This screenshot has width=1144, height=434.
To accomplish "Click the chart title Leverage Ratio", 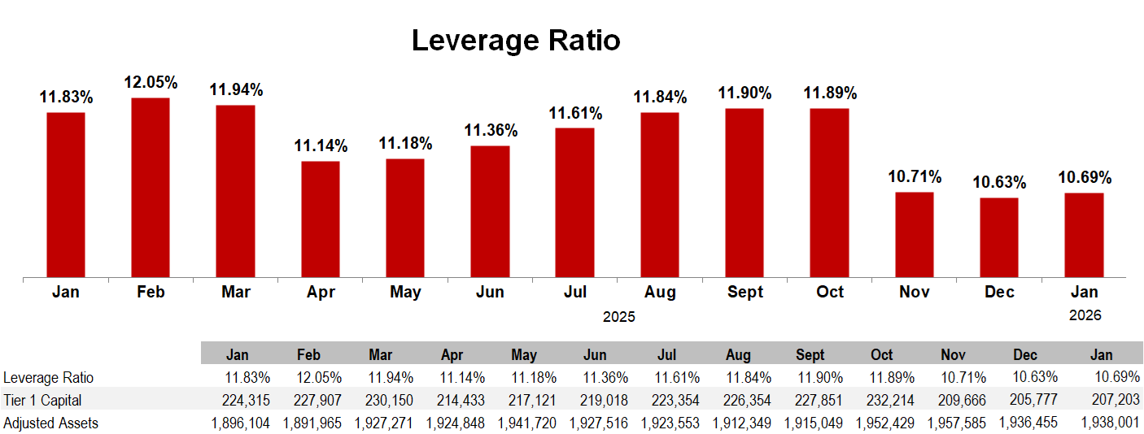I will [516, 40].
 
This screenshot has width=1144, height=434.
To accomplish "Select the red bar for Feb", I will [151, 187].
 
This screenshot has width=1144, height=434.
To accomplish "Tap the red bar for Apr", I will [321, 219].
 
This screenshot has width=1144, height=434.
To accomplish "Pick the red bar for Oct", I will [829, 193].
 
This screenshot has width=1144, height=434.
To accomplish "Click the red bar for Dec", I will [999, 237].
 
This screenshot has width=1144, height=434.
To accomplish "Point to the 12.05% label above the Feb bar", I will [151, 83].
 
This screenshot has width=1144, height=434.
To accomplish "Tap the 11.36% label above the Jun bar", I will [491, 131].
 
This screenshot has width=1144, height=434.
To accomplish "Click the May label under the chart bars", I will [405, 293].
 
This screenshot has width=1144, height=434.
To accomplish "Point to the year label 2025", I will [618, 317].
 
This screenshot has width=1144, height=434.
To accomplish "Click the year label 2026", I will [1085, 315].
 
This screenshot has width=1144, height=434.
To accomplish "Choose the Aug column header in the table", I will [738, 355].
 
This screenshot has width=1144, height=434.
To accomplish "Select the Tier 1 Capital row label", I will [42, 401].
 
